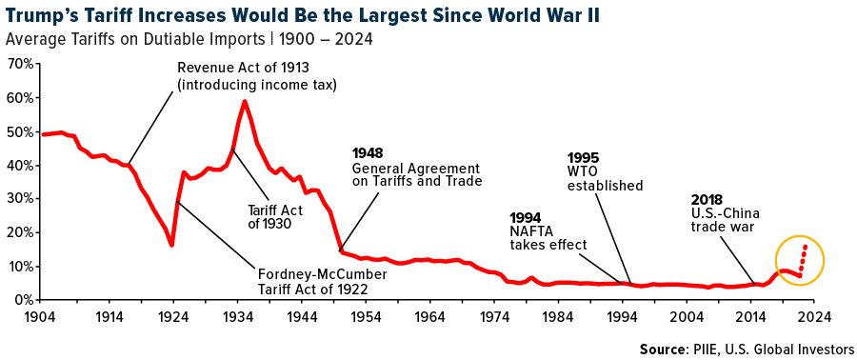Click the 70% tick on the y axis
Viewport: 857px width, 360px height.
pos(21,64)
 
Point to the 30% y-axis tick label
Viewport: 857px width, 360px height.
pos(21,199)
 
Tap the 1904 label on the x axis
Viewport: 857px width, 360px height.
pos(41,316)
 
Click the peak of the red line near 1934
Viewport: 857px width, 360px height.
pos(246,101)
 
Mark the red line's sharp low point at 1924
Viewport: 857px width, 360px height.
pos(172,245)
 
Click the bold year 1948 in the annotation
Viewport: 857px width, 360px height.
pos(368,152)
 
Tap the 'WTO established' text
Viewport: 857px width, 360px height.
pos(605,178)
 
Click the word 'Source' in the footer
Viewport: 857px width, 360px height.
pos(665,349)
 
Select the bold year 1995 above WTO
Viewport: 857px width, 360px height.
pos(583,157)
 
